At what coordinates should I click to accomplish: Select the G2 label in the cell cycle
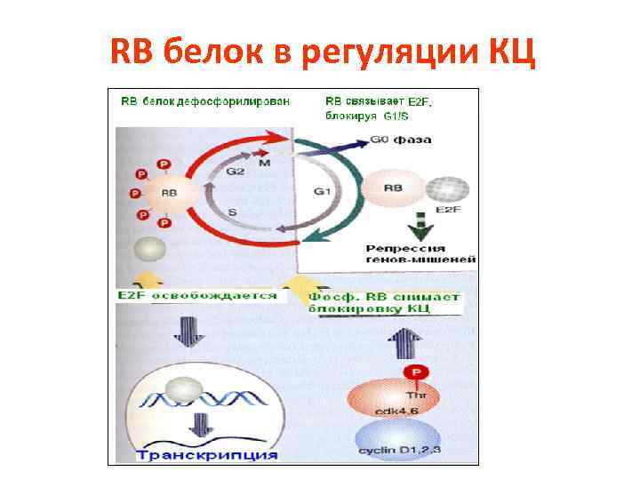pos(235,172)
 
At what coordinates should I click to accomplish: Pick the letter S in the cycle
pos(231,212)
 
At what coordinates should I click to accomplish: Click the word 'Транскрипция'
pos(207,454)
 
